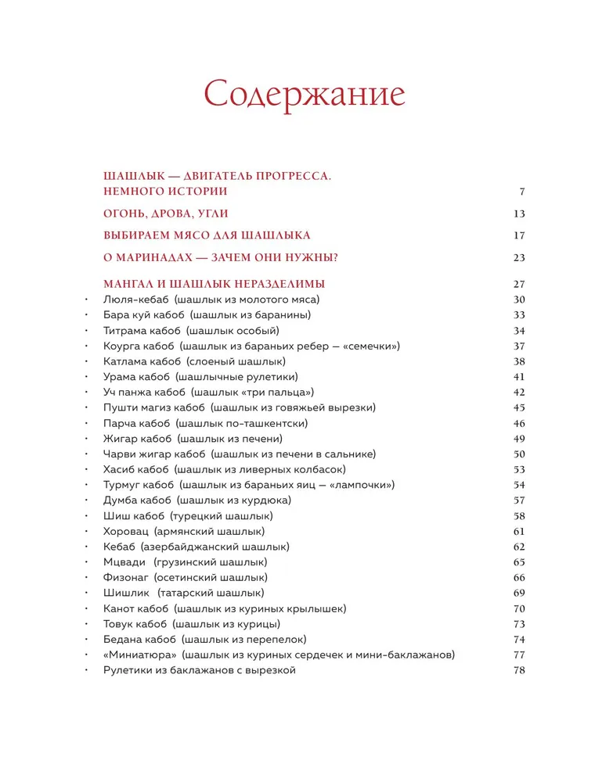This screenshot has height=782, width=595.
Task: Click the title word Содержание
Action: [x=305, y=95]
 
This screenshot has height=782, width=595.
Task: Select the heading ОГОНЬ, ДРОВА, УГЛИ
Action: [x=166, y=213]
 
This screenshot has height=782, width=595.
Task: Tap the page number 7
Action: [x=521, y=192]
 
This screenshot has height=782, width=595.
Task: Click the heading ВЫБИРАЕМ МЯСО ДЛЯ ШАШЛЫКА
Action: [x=207, y=235]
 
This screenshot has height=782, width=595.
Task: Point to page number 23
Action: [x=518, y=258]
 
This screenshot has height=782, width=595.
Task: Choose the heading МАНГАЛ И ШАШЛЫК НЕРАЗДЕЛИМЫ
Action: [x=215, y=284]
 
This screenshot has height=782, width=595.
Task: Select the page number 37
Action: [x=518, y=346]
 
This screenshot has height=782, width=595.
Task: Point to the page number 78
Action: [x=518, y=670]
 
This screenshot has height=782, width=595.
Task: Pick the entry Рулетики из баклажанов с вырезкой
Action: [x=200, y=670]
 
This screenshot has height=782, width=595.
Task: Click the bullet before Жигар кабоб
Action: [x=85, y=439]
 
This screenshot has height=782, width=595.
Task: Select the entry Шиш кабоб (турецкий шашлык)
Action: [x=188, y=516]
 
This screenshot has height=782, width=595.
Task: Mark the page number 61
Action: [x=518, y=531]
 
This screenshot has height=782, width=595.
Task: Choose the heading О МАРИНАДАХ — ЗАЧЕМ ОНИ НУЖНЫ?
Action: [x=225, y=258]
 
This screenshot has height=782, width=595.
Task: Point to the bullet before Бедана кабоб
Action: [x=85, y=640]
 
